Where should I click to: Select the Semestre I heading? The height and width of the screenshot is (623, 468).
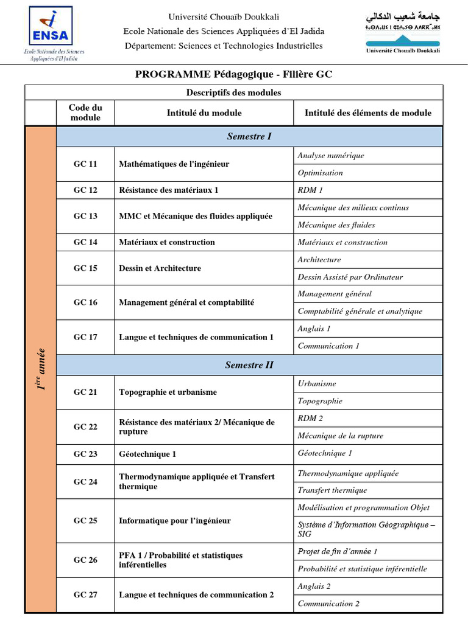pyautogui.click(x=249, y=136)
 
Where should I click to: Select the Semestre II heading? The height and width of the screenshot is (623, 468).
pyautogui.click(x=249, y=365)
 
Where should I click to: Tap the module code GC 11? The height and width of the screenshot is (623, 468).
pyautogui.click(x=85, y=164)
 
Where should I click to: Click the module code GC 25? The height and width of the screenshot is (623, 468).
pyautogui.click(x=85, y=521)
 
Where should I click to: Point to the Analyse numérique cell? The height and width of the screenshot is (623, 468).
pyautogui.click(x=331, y=156)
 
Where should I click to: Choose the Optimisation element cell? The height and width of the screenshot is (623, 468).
pyautogui.click(x=321, y=173)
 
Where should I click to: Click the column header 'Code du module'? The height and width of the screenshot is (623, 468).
pyautogui.click(x=85, y=113)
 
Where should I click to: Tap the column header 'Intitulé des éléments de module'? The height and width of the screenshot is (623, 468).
pyautogui.click(x=367, y=113)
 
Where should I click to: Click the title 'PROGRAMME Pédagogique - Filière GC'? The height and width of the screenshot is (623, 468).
pyautogui.click(x=233, y=74)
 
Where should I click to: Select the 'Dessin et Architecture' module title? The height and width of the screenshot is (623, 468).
pyautogui.click(x=160, y=268)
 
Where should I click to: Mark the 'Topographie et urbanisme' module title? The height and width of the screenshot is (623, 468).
pyautogui.click(x=168, y=392)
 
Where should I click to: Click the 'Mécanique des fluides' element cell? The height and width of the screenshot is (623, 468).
pyautogui.click(x=336, y=225)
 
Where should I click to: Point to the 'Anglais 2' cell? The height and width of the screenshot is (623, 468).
pyautogui.click(x=314, y=586)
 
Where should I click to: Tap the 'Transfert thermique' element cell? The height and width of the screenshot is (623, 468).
pyautogui.click(x=332, y=490)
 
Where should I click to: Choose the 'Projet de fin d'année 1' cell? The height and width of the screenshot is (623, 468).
pyautogui.click(x=338, y=551)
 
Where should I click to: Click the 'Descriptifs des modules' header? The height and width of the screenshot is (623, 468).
pyautogui.click(x=233, y=92)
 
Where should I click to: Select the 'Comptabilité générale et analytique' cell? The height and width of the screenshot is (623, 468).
pyautogui.click(x=360, y=311)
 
